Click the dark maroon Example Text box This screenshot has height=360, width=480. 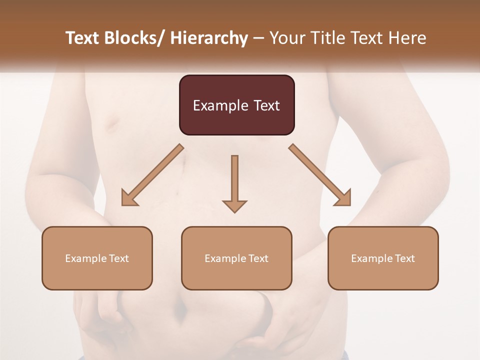click(x=236, y=105)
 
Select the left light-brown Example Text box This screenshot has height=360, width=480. click(x=97, y=258)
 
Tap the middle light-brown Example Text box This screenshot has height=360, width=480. click(x=236, y=258)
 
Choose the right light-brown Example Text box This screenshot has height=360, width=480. click(x=383, y=258)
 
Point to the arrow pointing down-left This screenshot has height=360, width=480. click(x=152, y=175)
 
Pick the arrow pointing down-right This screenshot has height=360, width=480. click(x=320, y=175)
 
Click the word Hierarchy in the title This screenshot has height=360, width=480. click(x=208, y=38)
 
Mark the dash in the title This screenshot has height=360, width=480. click(x=258, y=38)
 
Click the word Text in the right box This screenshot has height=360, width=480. click(x=403, y=258)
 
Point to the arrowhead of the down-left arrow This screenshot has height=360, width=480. click(x=128, y=198)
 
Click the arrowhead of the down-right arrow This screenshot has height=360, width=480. click(x=344, y=198)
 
